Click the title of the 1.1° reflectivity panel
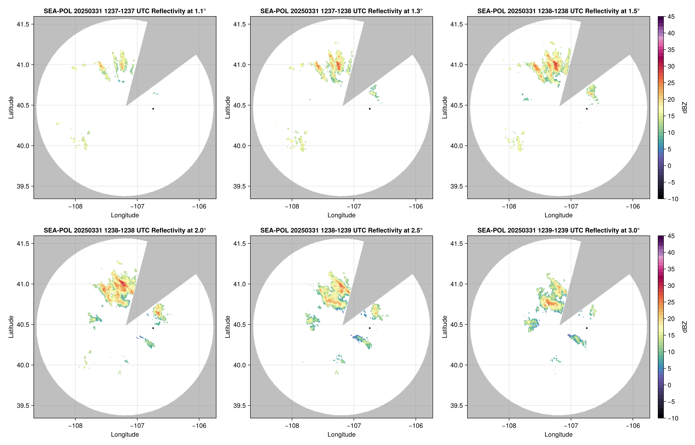tap(125, 11)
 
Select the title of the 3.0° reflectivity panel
tap(558, 230)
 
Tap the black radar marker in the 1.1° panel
tap(153, 109)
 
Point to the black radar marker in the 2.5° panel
tap(370, 328)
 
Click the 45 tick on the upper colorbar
tap(671, 17)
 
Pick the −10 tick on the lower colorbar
tap(672, 418)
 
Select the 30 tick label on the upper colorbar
tap(671, 66)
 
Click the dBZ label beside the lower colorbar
tap(684, 327)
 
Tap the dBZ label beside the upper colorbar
tap(684, 108)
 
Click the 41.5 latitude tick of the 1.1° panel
tap(23, 24)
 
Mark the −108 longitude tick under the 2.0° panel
tap(75, 426)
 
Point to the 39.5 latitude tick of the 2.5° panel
tap(240, 405)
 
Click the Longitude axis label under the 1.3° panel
tap(341, 215)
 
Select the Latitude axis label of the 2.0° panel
tap(11, 327)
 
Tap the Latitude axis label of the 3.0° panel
tap(444, 327)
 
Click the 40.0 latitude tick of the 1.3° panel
tap(240, 146)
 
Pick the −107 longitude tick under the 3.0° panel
tap(571, 426)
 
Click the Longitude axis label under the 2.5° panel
tap(341, 434)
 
